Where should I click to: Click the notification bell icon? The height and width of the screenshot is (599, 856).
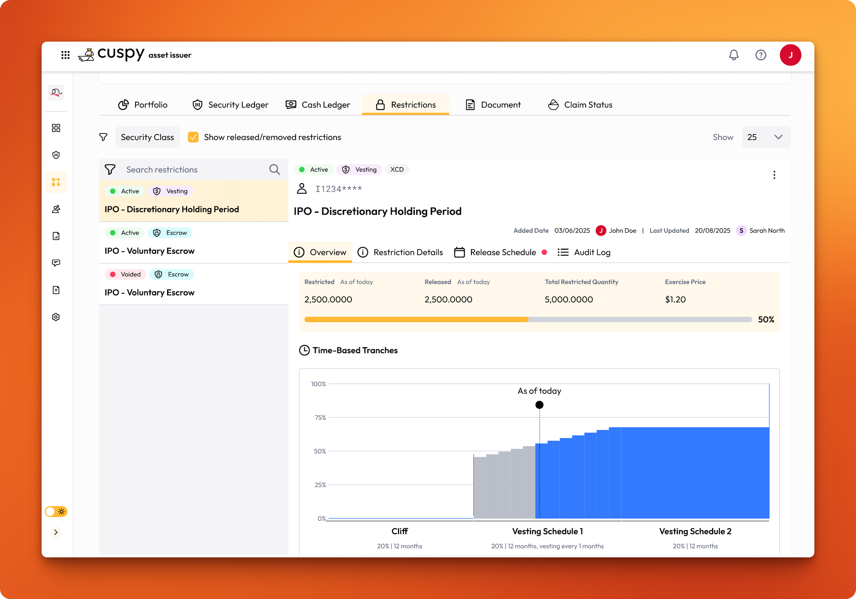click(x=733, y=55)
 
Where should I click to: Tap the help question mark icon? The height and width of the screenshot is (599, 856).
click(x=761, y=55)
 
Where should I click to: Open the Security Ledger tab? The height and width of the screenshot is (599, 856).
click(x=230, y=105)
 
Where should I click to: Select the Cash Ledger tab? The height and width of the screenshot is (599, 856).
click(x=318, y=105)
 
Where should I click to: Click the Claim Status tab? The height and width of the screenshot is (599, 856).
click(x=580, y=105)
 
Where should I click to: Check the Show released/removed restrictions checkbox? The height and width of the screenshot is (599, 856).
click(x=193, y=137)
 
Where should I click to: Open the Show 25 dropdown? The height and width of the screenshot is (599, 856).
click(x=766, y=137)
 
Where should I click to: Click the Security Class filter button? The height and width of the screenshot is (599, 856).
click(x=147, y=137)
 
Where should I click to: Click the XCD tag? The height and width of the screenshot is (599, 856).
click(x=397, y=170)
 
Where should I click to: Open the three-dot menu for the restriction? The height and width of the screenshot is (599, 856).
click(x=774, y=175)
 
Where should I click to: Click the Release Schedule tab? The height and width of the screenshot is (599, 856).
click(x=500, y=252)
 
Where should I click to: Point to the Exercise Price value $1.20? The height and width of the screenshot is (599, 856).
click(x=675, y=299)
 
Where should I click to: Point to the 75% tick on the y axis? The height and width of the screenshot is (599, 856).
click(x=320, y=418)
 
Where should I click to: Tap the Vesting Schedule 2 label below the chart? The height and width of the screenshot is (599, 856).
click(x=695, y=531)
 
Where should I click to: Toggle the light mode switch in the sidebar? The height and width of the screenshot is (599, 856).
click(x=56, y=512)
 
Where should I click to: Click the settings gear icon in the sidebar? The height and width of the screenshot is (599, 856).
click(x=56, y=317)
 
